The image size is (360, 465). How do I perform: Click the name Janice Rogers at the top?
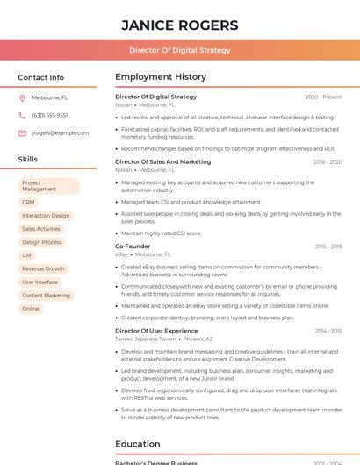(x=179, y=25)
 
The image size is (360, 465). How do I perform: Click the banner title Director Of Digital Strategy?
(x=179, y=50)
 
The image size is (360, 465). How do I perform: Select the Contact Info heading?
(x=41, y=77)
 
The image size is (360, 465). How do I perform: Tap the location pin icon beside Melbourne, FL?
(x=22, y=97)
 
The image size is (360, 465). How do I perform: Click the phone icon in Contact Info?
(x=22, y=115)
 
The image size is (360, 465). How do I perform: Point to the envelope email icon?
(x=22, y=133)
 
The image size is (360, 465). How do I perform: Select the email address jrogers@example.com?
(x=61, y=133)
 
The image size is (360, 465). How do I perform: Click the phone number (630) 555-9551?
(x=50, y=115)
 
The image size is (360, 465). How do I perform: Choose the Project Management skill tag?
(x=49, y=186)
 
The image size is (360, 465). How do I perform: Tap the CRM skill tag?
(x=29, y=202)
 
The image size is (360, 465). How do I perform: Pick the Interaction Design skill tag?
(x=46, y=215)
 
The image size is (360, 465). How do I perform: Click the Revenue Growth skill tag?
(x=44, y=268)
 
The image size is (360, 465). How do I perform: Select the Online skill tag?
(x=31, y=309)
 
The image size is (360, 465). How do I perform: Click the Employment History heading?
(x=161, y=77)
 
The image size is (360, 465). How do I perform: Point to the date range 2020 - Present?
(x=323, y=97)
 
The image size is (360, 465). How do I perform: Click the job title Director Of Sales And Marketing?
(x=163, y=161)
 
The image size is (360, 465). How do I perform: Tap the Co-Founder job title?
(x=133, y=247)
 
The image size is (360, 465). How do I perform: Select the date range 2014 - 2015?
(x=328, y=331)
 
